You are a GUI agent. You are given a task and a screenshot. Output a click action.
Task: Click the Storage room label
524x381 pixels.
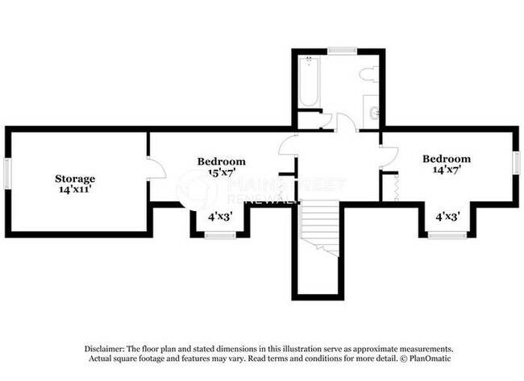(75, 178)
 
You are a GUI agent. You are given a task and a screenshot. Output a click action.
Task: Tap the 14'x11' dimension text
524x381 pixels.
(75, 190)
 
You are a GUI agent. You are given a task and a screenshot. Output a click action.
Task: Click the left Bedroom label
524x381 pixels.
(222, 161)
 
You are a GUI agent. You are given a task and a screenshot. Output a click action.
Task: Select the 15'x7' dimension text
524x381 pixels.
(222, 172)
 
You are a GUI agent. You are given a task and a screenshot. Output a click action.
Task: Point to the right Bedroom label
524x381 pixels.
(447, 159)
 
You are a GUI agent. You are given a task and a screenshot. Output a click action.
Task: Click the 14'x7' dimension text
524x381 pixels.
(447, 171)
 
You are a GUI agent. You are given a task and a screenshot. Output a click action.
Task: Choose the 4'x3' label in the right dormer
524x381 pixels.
(448, 216)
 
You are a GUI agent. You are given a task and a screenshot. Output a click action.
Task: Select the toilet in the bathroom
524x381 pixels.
(369, 75)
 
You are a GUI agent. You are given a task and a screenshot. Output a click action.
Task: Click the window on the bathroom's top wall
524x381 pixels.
(343, 51)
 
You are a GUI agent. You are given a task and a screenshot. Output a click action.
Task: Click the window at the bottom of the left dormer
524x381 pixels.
(218, 234)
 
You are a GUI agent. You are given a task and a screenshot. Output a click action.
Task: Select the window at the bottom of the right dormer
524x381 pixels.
(446, 234)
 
